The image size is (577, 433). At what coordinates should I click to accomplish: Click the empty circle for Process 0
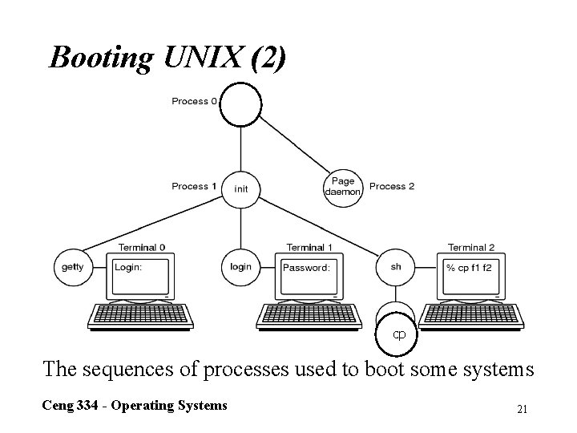tap(241, 106)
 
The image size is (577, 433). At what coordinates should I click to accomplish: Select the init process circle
tap(241, 188)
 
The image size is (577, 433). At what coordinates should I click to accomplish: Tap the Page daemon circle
tap(343, 188)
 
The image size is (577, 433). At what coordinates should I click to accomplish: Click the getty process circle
tap(72, 267)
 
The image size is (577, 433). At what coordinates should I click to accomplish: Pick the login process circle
tap(240, 267)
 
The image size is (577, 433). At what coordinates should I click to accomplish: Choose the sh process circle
tap(396, 267)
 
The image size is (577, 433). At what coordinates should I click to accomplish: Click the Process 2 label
tap(392, 186)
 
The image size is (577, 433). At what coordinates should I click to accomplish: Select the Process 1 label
tap(194, 186)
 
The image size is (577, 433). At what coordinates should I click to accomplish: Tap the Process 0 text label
tap(194, 101)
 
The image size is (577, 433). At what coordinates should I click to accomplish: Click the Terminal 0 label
tap(142, 247)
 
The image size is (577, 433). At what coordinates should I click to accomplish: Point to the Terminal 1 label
tap(310, 247)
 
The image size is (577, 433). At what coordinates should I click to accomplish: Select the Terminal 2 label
tap(471, 247)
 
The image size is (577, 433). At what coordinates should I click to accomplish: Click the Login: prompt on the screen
tap(128, 267)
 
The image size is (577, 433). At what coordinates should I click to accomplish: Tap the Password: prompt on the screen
tap(305, 268)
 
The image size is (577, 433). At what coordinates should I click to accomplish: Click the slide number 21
tap(522, 410)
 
